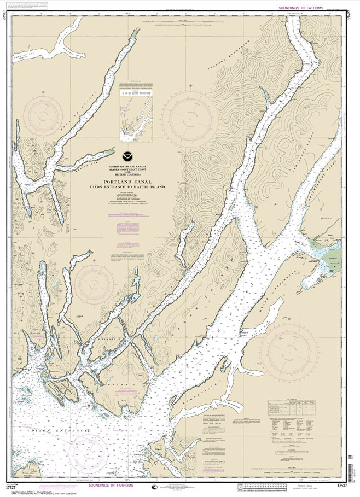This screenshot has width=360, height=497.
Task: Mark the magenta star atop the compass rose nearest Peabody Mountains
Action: click(x=191, y=86)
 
